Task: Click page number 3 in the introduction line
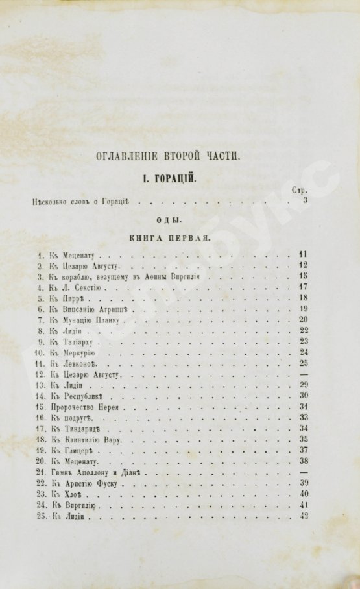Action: pos(305,202)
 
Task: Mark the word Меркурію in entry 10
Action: pos(81,353)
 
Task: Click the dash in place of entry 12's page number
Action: pos(304,375)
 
